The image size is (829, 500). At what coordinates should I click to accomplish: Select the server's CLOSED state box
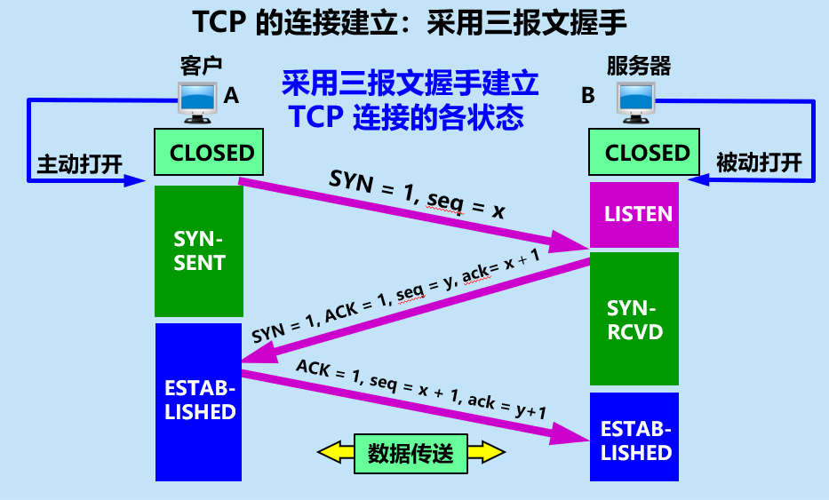pos(646,152)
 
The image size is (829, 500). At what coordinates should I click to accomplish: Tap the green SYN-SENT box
pos(199,251)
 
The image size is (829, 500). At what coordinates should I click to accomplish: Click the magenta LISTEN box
pos(634,214)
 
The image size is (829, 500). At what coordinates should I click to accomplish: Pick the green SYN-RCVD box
pos(634,320)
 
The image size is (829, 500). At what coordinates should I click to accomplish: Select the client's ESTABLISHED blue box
pos(199,401)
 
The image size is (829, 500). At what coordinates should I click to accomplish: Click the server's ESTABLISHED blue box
pos(634,440)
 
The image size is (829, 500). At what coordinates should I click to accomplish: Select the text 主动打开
pos(79,163)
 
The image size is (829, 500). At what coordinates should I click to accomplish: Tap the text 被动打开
pos(759,163)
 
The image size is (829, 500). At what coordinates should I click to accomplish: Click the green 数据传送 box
pos(411,453)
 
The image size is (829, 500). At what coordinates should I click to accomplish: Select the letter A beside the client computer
pos(232,96)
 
